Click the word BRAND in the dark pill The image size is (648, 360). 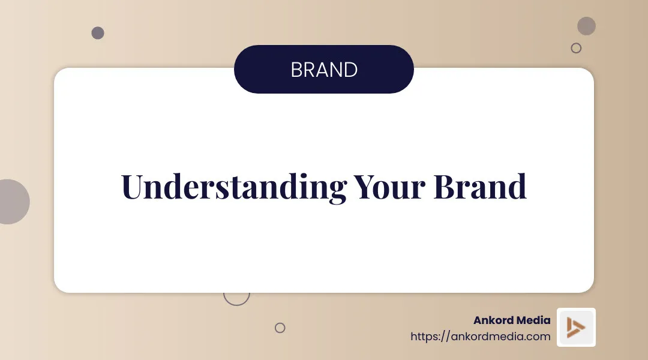[324, 70]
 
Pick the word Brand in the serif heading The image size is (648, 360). [480, 187]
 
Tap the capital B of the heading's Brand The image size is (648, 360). [445, 187]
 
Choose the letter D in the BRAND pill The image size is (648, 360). [350, 70]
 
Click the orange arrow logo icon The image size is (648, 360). [576, 327]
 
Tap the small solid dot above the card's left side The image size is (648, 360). [98, 33]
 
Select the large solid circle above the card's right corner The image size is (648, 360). [586, 26]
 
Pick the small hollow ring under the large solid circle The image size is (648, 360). [576, 48]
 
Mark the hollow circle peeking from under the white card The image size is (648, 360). [236, 298]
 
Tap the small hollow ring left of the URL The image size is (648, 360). [280, 328]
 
